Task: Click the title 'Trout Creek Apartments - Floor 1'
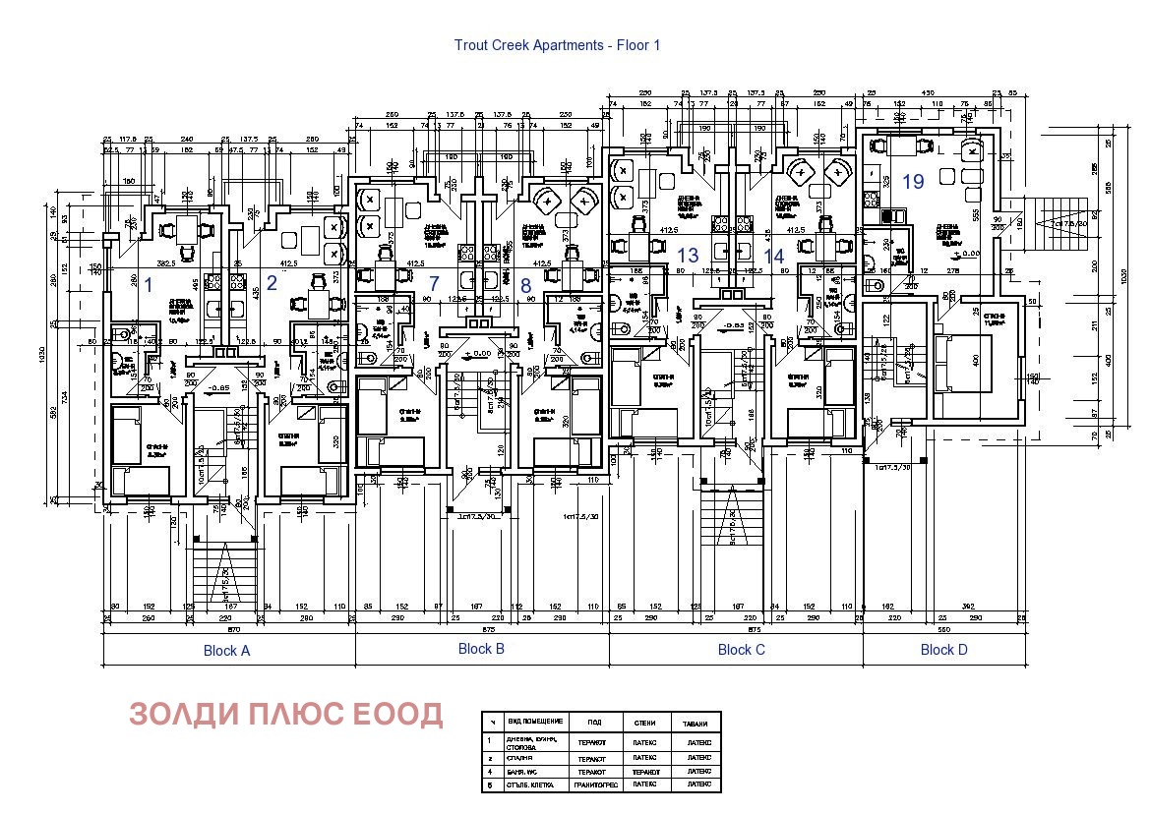coord(557,45)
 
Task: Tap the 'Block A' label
coord(226,651)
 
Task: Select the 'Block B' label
coord(481,649)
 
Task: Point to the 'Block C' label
coord(741,650)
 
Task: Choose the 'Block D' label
coord(943,650)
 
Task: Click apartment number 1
coord(149,286)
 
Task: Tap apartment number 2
coord(272,286)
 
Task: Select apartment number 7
coord(433,283)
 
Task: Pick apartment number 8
coord(525,286)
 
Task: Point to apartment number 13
coord(688,256)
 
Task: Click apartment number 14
coord(774,257)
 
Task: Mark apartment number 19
coord(913,182)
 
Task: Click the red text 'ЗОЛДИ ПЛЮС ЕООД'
coord(285,715)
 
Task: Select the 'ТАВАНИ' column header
coord(696,724)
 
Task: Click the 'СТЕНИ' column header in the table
coord(644,724)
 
